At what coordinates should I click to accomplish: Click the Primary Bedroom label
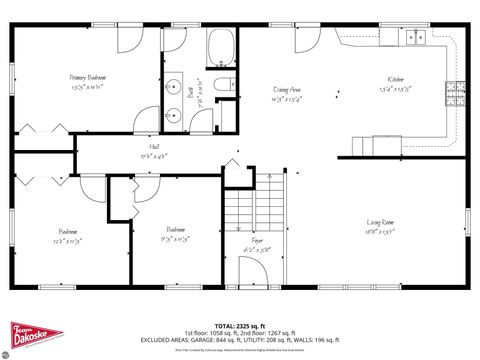88,77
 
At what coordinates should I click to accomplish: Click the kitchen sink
415,38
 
